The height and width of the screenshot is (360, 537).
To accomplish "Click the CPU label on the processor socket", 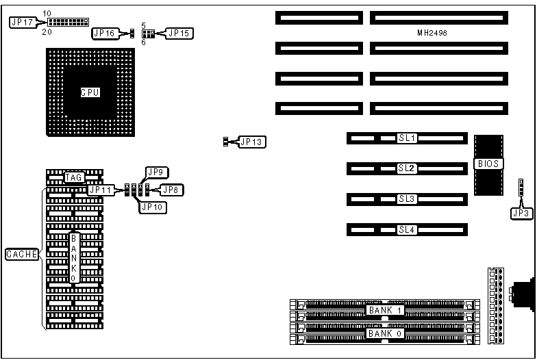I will [x=90, y=92].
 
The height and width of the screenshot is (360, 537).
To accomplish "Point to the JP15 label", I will [x=182, y=32].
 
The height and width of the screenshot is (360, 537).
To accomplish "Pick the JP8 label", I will [x=172, y=190].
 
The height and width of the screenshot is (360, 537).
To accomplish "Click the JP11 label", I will [x=100, y=190].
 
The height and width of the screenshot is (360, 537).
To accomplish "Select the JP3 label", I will [x=521, y=214].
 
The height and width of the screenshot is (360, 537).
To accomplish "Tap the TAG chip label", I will [x=74, y=177].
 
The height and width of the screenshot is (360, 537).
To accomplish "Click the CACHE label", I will [x=21, y=255].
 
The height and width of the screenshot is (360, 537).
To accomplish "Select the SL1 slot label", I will [x=407, y=138].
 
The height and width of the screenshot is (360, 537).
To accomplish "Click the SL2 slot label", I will [x=407, y=168].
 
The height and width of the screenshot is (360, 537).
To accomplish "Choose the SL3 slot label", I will [x=407, y=199].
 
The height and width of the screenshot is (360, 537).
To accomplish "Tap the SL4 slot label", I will [x=407, y=230].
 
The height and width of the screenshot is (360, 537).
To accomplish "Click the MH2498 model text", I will [x=432, y=32].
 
